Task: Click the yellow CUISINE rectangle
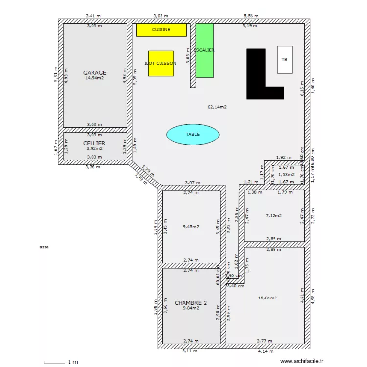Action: (x=161, y=30)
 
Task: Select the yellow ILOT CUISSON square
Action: (x=161, y=63)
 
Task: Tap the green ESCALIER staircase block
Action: (x=205, y=50)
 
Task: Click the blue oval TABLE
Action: (x=192, y=134)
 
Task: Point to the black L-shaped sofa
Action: (x=256, y=73)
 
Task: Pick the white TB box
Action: (x=284, y=60)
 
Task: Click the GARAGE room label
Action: (x=94, y=73)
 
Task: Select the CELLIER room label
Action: (x=94, y=143)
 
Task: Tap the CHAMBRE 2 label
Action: (x=190, y=303)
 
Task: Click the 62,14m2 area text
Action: (x=217, y=107)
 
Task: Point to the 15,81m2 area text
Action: (x=268, y=298)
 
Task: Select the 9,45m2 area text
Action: (x=190, y=227)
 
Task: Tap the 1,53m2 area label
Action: (x=286, y=174)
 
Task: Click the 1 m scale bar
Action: (x=54, y=362)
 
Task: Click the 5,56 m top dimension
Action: (x=251, y=16)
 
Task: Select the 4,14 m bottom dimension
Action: (x=266, y=351)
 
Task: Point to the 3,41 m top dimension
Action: (x=93, y=16)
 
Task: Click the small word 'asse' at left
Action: (x=44, y=247)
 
